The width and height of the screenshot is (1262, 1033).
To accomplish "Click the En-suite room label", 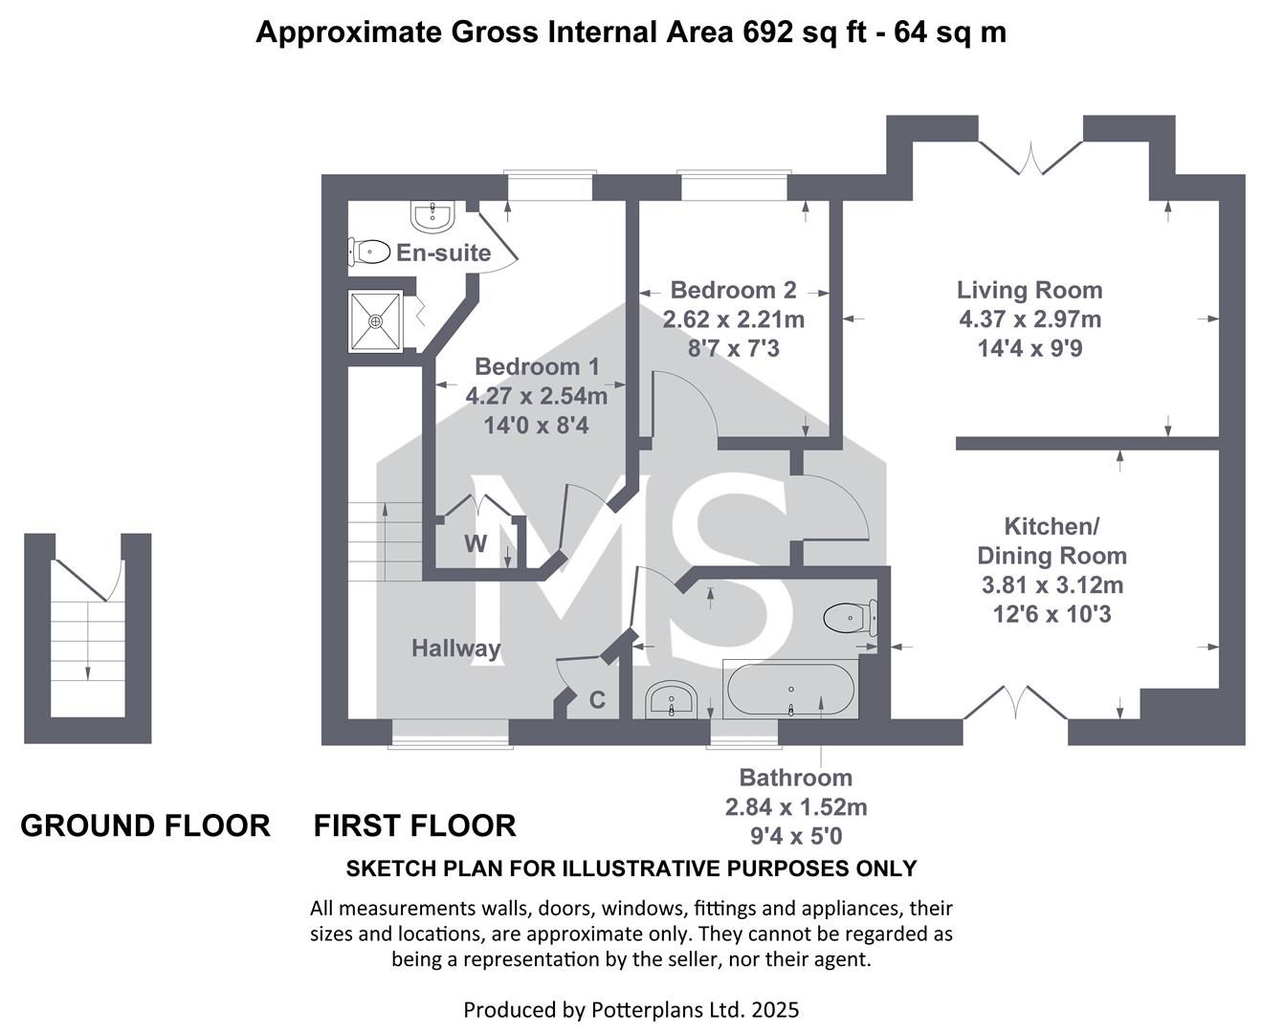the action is (x=443, y=253).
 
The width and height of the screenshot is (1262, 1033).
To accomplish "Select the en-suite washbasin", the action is (x=432, y=216).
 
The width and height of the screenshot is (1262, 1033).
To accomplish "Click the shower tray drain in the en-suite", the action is (x=376, y=321).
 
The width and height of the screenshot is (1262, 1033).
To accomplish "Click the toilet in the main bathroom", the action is (x=851, y=618).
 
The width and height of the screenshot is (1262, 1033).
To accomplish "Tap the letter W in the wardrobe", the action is (x=476, y=543).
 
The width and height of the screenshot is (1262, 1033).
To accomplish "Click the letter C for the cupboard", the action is (x=597, y=699).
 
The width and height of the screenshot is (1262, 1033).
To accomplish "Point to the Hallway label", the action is (x=456, y=648).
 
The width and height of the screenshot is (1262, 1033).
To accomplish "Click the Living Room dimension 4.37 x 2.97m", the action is (x=1030, y=319).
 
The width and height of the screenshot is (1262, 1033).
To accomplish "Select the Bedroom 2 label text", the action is (x=733, y=290).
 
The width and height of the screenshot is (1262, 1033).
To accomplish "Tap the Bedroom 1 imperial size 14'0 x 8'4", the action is (x=536, y=426).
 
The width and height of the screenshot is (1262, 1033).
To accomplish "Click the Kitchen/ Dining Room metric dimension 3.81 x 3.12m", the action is (x=1052, y=584).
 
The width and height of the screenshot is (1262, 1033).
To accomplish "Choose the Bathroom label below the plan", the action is (x=796, y=778).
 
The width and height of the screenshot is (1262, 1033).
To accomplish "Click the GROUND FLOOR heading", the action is (x=145, y=826).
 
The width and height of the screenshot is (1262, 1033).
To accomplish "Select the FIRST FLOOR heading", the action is (x=414, y=826).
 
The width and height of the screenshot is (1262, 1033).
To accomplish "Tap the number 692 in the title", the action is (x=767, y=32).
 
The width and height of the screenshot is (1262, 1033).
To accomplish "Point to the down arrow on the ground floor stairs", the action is (x=88, y=641).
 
